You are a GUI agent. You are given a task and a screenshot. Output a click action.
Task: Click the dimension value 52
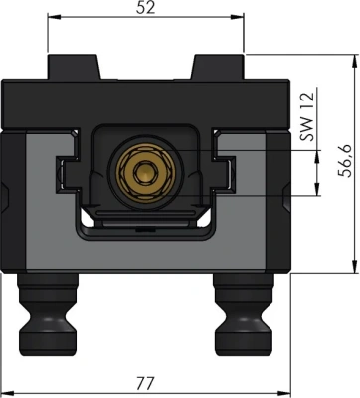coord(145,8)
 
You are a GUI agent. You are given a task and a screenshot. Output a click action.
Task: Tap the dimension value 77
coord(145,383)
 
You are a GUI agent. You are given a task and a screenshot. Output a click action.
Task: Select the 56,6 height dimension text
coord(345,161)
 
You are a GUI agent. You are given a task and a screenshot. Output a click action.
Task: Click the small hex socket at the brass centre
coord(144,173)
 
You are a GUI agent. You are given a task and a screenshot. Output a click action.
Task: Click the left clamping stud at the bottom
coord(48,314)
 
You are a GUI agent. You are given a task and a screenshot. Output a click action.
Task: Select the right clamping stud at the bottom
coord(244,314)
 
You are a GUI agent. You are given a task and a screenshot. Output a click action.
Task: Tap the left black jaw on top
coord(74,67)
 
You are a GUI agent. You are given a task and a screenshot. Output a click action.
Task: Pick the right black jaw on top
coord(218,67)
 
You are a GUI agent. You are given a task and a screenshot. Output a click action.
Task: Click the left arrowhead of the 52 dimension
coord(53,16)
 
